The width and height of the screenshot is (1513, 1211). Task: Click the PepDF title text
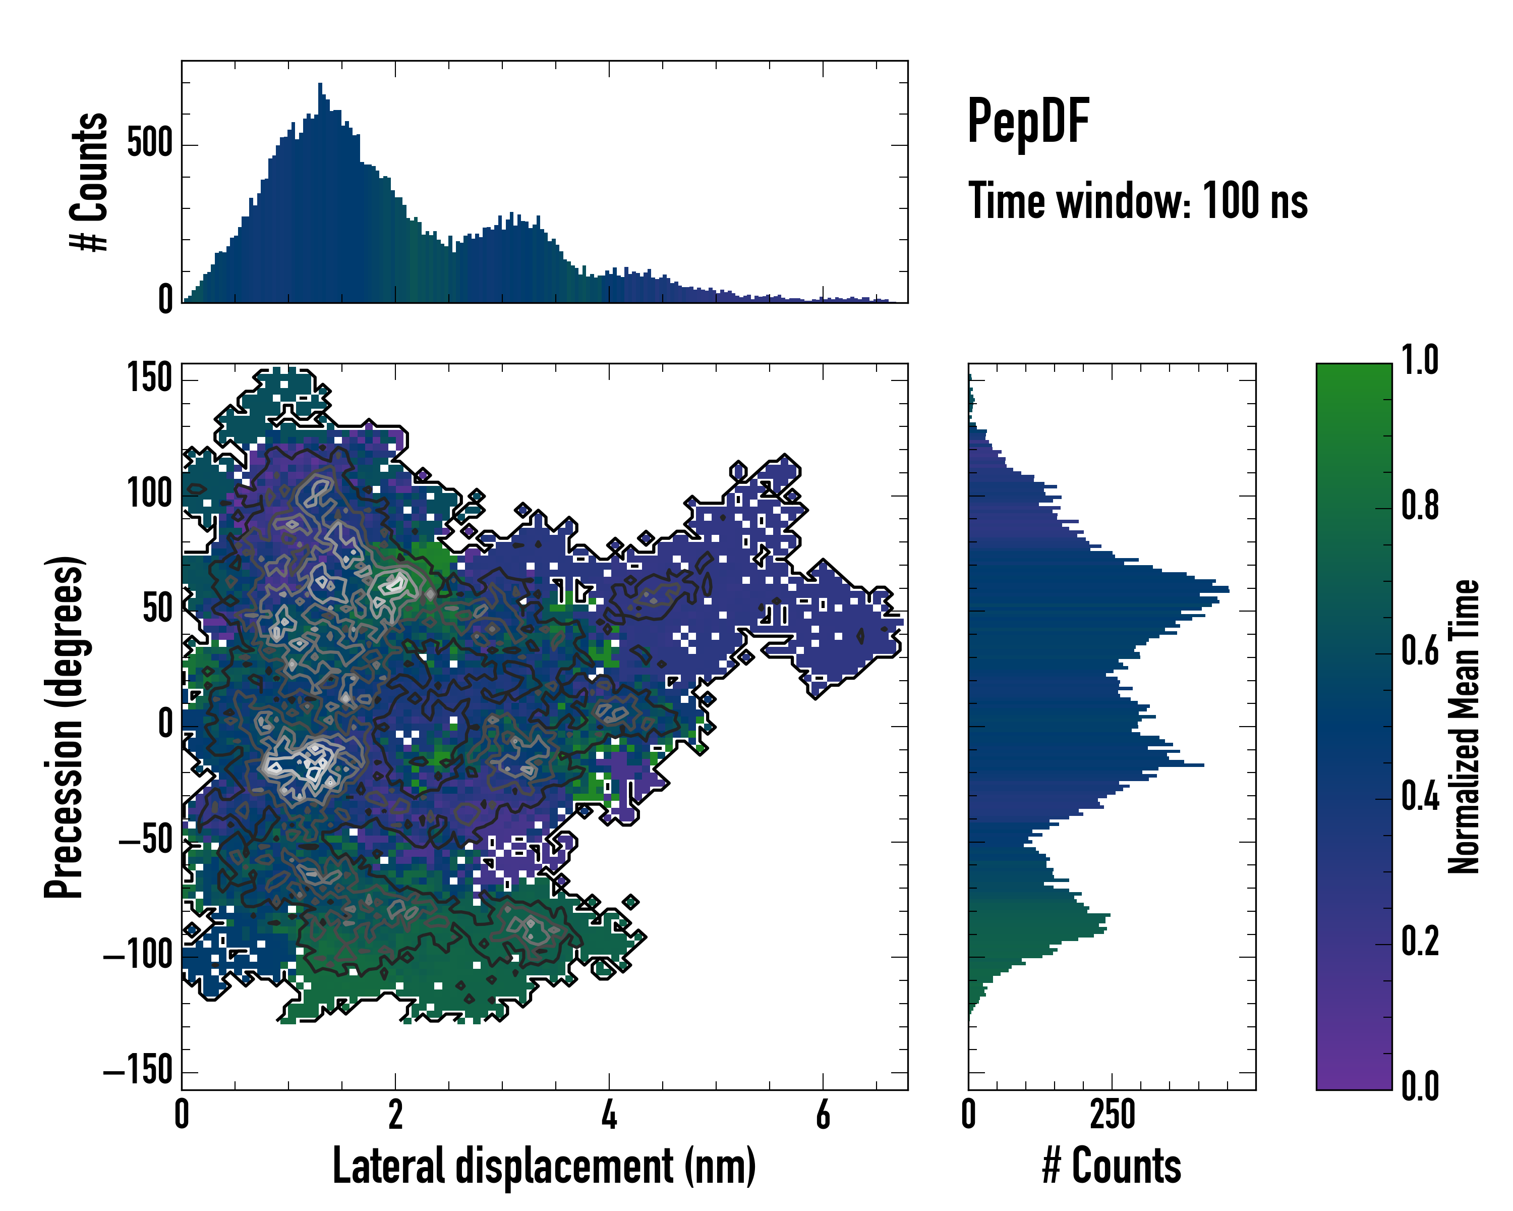click(1027, 122)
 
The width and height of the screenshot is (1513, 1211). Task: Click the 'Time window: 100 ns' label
click(1138, 201)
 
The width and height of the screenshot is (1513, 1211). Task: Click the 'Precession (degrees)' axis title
click(64, 727)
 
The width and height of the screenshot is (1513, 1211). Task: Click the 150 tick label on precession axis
click(149, 379)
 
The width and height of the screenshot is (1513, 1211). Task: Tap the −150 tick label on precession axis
click(138, 1071)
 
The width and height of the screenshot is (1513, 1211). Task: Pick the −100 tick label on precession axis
click(138, 956)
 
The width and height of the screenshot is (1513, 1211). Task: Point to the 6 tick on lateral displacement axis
click(823, 1115)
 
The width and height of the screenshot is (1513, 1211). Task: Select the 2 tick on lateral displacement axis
click(395, 1115)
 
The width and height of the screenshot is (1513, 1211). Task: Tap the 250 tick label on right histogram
click(1112, 1115)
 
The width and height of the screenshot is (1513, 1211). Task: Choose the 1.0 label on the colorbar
click(1420, 361)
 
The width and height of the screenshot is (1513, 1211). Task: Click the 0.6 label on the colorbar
click(1420, 651)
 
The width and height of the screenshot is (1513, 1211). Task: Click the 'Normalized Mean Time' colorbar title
click(1464, 727)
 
